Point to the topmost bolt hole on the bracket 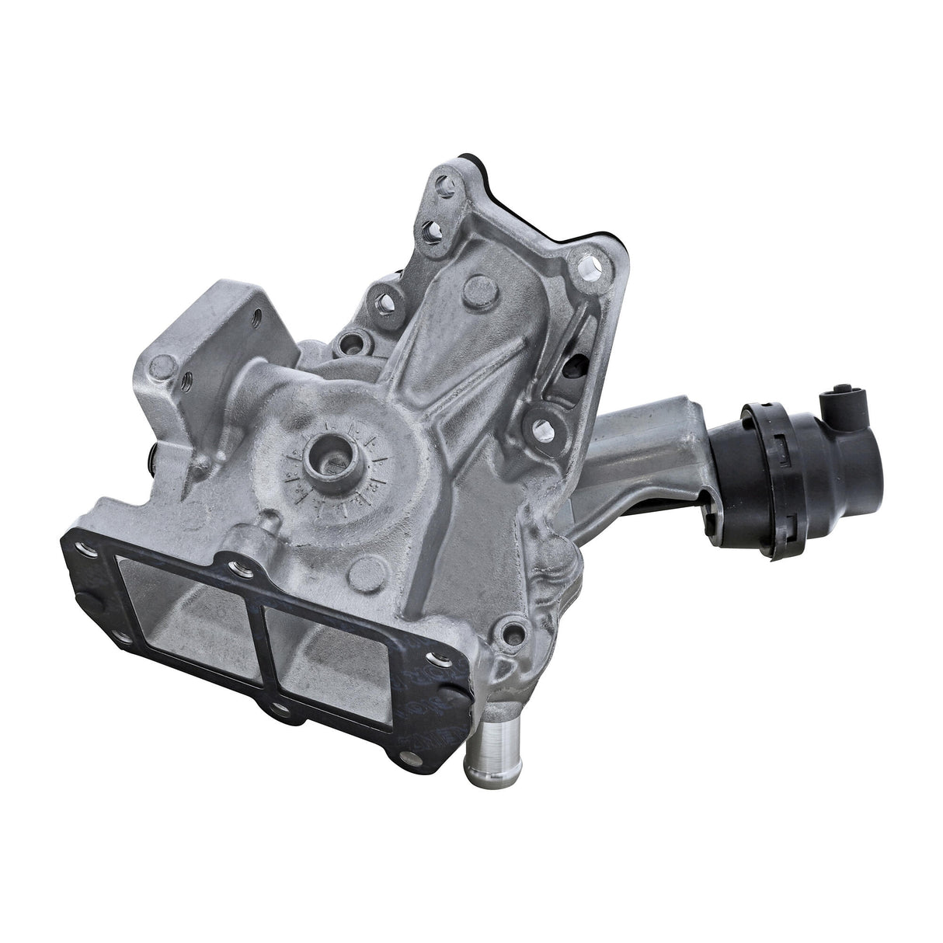[x=445, y=186]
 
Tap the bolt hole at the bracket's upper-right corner [x=590, y=269]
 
